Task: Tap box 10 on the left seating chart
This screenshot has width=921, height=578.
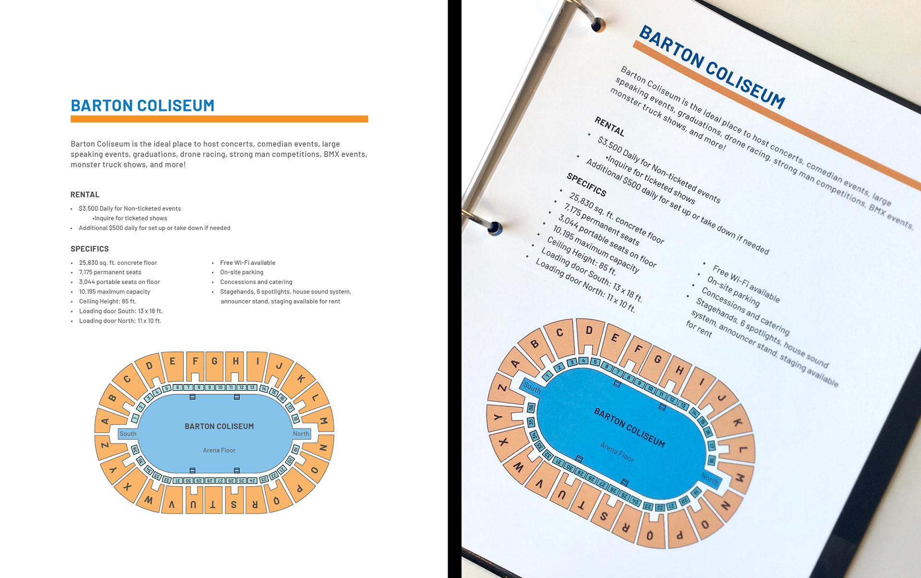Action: [220, 387]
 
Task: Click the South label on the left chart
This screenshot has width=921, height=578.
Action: [128, 434]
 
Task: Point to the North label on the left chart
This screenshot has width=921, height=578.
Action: [301, 434]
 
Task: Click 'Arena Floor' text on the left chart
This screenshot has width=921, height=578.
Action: [219, 450]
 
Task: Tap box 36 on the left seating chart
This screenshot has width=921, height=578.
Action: [135, 450]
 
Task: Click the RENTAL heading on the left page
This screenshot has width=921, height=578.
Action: [85, 194]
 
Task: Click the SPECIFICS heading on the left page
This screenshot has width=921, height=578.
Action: [90, 249]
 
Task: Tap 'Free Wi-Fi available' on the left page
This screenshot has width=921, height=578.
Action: [248, 263]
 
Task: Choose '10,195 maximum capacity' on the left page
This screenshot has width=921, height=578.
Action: [115, 292]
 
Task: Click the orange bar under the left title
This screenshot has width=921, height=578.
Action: [219, 119]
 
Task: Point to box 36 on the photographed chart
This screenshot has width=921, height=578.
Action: [531, 408]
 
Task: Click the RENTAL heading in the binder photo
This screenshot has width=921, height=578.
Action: [609, 126]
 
